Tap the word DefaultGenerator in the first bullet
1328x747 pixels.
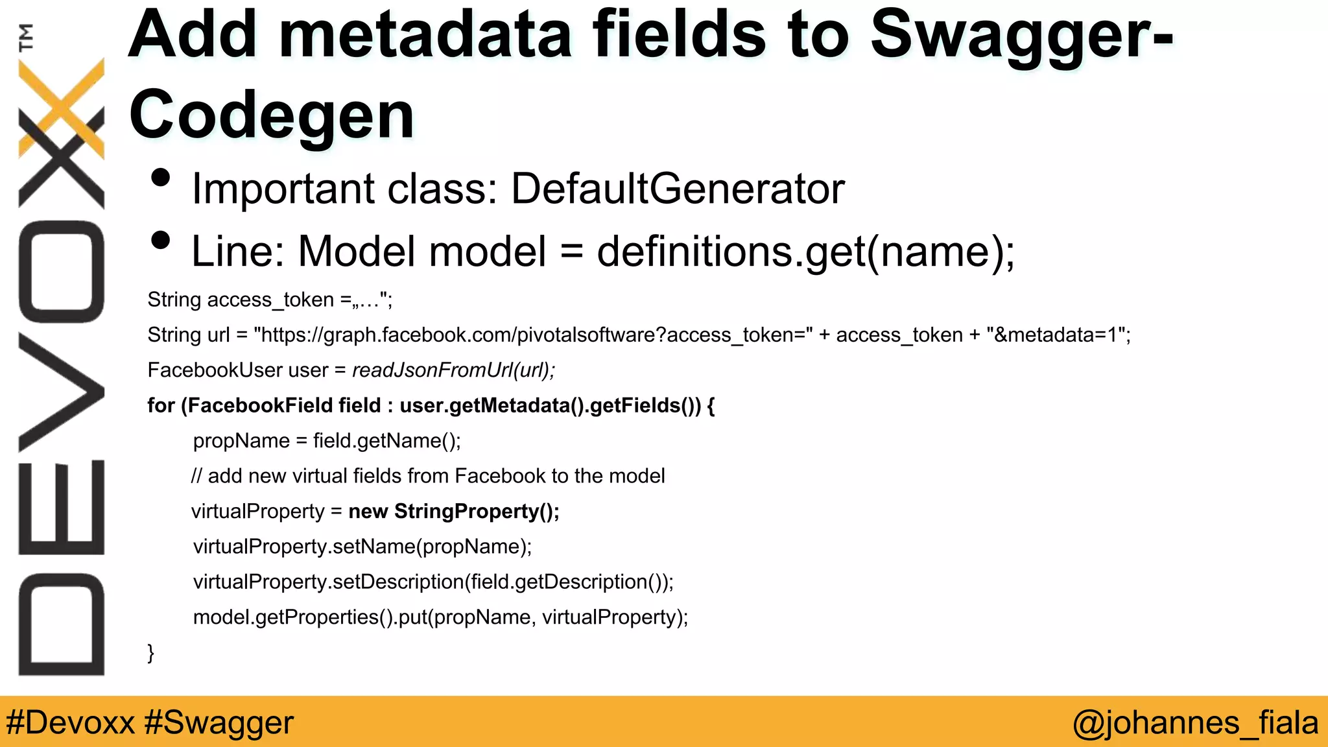click(x=678, y=189)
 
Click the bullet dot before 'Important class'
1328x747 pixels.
click(x=160, y=178)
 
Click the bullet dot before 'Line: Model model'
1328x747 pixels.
click(x=160, y=241)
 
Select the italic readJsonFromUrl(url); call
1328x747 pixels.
click(x=453, y=370)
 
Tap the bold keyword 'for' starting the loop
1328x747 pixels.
click(x=161, y=406)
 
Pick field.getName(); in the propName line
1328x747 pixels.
click(x=386, y=441)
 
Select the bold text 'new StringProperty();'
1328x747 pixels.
click(x=453, y=512)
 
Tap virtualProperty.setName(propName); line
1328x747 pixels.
click(x=362, y=547)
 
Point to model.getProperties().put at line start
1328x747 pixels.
click(x=311, y=617)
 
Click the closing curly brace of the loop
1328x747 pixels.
click(x=151, y=652)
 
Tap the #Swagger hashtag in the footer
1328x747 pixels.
click(x=219, y=722)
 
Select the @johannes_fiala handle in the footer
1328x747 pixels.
click(x=1195, y=722)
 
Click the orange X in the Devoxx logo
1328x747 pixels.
click(x=62, y=107)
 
